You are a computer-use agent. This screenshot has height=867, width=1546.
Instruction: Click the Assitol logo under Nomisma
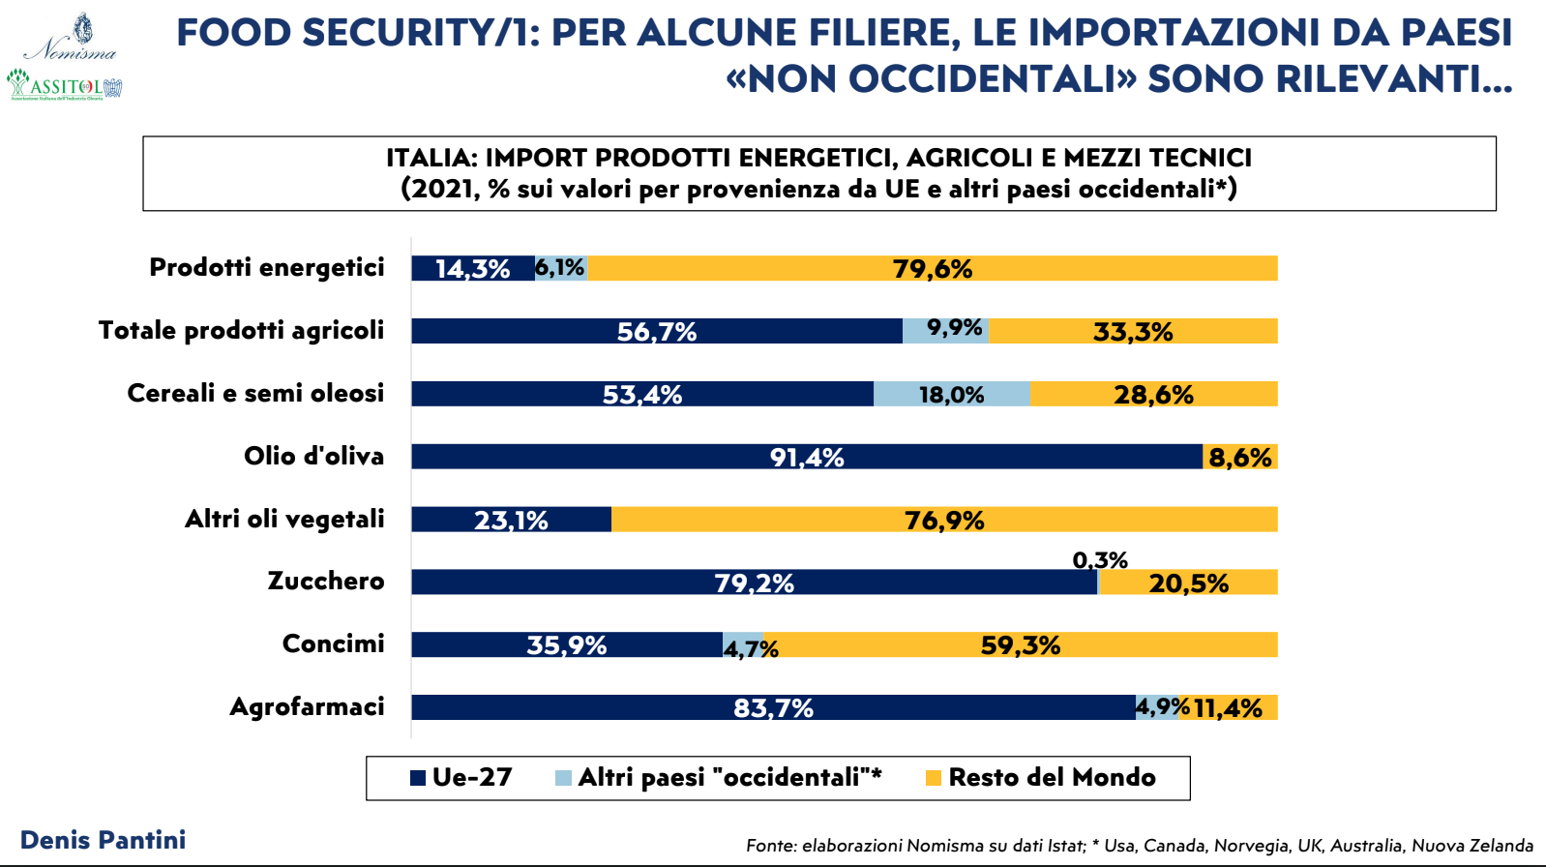coord(65,85)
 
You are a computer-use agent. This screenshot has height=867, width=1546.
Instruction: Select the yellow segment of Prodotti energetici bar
coord(932,268)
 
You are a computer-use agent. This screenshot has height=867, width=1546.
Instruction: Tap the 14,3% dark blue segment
coord(472,268)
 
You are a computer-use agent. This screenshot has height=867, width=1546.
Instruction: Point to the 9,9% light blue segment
coord(945,331)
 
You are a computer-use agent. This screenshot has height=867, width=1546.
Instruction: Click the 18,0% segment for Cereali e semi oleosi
coord(952,394)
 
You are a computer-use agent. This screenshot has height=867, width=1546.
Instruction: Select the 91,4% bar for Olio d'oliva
coord(806,457)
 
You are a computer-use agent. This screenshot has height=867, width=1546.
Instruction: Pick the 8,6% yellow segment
coord(1239,457)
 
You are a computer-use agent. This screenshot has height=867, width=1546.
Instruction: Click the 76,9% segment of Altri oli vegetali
coord(943,520)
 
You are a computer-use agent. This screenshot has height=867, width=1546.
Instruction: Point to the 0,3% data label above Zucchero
coord(1100,560)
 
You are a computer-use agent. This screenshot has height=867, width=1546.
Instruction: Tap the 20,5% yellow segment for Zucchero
coord(1188,583)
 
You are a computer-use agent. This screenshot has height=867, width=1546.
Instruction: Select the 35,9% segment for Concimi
coord(566,644)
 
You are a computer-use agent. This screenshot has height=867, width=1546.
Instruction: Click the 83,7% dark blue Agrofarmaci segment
coord(772,707)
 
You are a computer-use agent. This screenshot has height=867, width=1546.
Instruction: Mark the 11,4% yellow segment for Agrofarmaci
coord(1228,707)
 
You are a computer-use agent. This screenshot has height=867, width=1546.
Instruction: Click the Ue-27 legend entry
coord(461,777)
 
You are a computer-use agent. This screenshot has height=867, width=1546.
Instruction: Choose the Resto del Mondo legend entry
coord(1041,777)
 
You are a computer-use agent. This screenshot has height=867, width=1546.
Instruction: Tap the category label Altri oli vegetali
coord(284,520)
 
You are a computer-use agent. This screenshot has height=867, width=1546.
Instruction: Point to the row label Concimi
coord(333,644)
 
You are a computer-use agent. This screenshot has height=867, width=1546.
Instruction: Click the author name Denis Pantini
coord(103,840)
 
